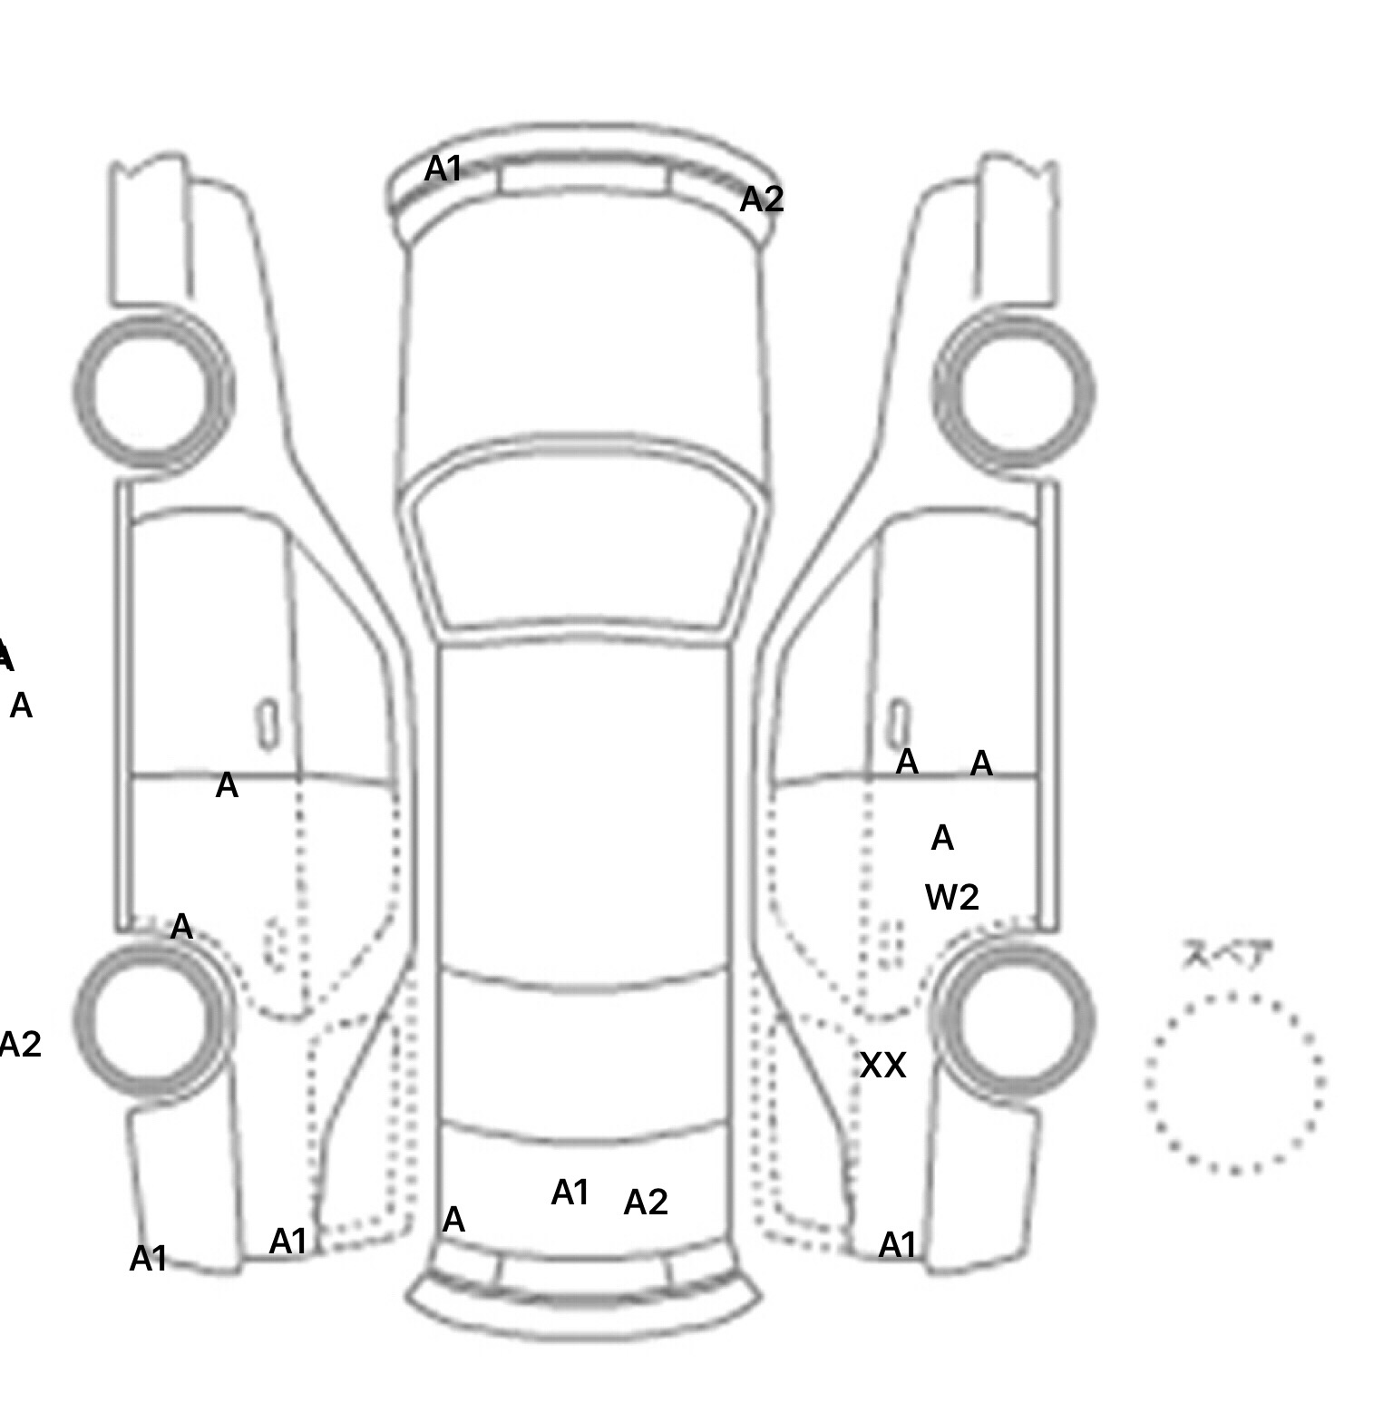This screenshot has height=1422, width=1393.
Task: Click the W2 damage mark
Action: (x=952, y=898)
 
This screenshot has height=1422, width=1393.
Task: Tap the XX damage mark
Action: (x=882, y=1066)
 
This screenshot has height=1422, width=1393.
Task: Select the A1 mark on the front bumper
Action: (x=443, y=169)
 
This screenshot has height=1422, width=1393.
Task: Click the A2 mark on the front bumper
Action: (x=762, y=200)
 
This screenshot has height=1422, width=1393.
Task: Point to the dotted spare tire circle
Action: (x=1234, y=1083)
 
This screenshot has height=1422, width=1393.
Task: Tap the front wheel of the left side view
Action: (x=152, y=391)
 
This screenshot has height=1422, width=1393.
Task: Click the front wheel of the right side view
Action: (x=1014, y=391)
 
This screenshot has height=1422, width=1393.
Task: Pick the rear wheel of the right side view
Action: (x=1014, y=1018)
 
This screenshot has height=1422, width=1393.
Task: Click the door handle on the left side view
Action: (x=268, y=725)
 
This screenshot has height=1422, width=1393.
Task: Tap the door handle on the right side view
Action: (x=898, y=725)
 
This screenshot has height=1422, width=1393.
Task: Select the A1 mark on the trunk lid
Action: (x=570, y=1193)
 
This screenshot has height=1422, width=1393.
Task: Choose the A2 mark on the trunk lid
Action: (x=646, y=1203)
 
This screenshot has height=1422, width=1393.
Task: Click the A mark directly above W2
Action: (x=942, y=839)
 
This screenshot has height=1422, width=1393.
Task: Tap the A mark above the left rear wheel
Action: (x=181, y=928)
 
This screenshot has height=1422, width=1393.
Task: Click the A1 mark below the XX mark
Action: (x=898, y=1246)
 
